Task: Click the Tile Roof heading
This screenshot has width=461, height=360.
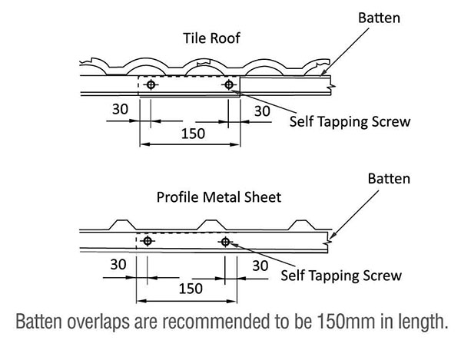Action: pos(211,38)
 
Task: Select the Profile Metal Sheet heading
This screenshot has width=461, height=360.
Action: pos(219,197)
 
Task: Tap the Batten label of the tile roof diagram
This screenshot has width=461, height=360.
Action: pos(379,18)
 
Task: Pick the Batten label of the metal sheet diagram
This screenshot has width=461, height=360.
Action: pos(389,179)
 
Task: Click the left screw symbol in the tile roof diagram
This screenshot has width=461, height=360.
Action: pos(151,85)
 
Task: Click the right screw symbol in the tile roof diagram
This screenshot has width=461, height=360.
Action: pos(229,85)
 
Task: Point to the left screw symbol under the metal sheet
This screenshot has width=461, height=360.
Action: pos(148,241)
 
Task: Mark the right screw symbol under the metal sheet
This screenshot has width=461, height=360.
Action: pos(225,242)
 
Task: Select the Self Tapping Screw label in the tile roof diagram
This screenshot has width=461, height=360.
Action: pos(350,121)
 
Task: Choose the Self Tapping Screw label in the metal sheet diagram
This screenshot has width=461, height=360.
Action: pos(341,276)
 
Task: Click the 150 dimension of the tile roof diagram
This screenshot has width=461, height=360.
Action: pos(193,134)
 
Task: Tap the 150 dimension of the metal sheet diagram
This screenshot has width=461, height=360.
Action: pos(191,289)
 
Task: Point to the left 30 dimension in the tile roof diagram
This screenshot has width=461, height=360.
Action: pos(120,109)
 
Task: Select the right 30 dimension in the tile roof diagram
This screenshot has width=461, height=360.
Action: pos(262,111)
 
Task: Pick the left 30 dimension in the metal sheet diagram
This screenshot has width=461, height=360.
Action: pos(118,265)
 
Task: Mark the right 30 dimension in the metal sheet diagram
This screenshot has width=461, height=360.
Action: pos(260,266)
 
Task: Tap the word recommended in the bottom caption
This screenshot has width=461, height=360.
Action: pos(217,322)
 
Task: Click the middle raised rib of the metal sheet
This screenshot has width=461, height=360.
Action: pos(211,225)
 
